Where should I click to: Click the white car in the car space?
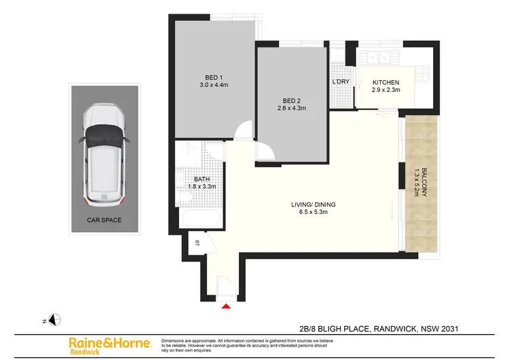(103, 157)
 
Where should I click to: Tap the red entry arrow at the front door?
(227, 306)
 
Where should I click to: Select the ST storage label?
(197, 242)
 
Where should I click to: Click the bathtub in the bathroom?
(200, 219)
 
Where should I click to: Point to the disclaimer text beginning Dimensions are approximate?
(244, 344)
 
